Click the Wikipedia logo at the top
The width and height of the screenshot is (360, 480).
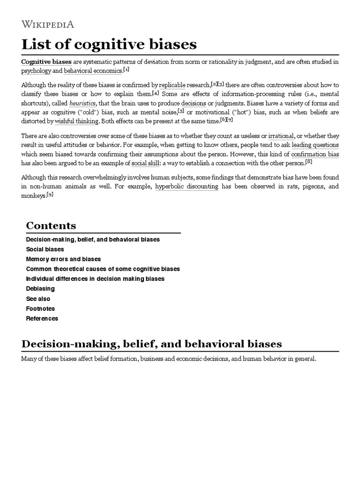47,24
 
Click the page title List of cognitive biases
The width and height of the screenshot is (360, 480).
109,45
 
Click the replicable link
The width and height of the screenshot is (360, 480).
172,85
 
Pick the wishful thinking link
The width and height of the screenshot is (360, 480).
76,121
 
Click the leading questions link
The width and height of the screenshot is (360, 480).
315,145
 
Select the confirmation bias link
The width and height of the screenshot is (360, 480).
315,154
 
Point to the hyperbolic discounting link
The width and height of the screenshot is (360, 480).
187,186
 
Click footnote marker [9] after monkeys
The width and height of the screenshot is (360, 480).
51,195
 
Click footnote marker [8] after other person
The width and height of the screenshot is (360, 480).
308,162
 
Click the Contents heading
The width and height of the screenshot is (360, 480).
51,225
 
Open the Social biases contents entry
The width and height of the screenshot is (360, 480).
45,249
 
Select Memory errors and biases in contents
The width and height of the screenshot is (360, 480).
63,259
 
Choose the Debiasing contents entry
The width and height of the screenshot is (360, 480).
40,288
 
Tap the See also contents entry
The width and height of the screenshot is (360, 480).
38,299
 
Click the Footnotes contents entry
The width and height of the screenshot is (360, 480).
40,308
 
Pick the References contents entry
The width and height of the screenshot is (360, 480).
42,318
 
